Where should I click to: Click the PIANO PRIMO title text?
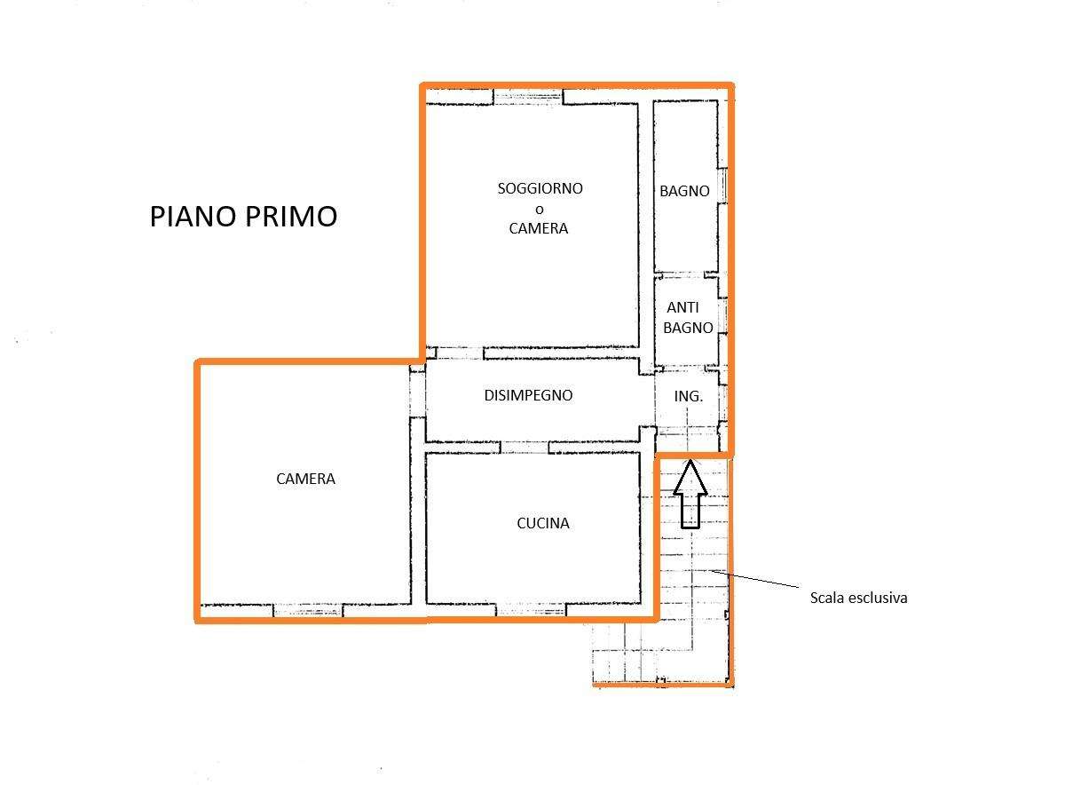pyautogui.click(x=243, y=216)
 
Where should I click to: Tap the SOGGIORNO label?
pyautogui.click(x=540, y=188)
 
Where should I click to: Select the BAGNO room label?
pyautogui.click(x=684, y=191)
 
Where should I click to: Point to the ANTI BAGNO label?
pyautogui.click(x=688, y=317)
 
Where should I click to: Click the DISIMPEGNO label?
pyautogui.click(x=528, y=395)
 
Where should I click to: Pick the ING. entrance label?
pyautogui.click(x=688, y=396)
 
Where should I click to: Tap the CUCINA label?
pyautogui.click(x=543, y=523)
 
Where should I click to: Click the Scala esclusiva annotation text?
pyautogui.click(x=859, y=598)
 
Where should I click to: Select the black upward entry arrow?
pyautogui.click(x=690, y=495)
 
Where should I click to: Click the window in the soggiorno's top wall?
pyautogui.click(x=528, y=97)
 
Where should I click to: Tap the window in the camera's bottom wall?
pyautogui.click(x=308, y=610)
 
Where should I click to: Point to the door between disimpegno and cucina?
pyautogui.click(x=525, y=448)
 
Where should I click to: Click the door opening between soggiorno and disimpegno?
pyautogui.click(x=460, y=353)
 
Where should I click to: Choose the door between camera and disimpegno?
pyautogui.click(x=417, y=395)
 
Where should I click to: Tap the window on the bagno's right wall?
pyautogui.click(x=722, y=186)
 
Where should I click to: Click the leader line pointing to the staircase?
pyautogui.click(x=754, y=579)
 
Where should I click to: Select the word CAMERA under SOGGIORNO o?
pyautogui.click(x=538, y=229)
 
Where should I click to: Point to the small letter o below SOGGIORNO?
pyautogui.click(x=540, y=210)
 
